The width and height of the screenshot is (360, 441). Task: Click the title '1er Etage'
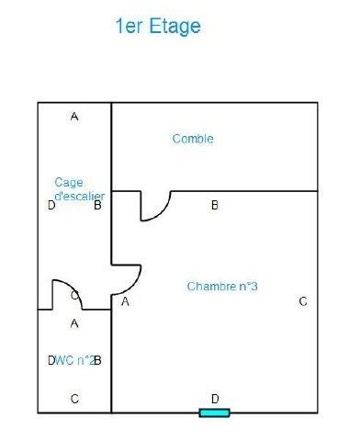click(x=158, y=27)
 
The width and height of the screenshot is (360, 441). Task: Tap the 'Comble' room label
click(x=193, y=139)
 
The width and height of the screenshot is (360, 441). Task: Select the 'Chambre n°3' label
click(x=222, y=287)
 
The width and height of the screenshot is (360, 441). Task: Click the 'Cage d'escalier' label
click(x=80, y=189)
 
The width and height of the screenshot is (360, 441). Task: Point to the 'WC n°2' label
click(x=75, y=360)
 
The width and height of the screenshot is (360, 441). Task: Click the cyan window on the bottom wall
click(x=214, y=413)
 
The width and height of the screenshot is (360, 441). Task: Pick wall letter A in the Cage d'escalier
click(x=74, y=117)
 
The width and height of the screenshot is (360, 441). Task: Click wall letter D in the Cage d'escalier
click(x=51, y=205)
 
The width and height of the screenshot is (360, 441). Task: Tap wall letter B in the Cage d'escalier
click(x=97, y=205)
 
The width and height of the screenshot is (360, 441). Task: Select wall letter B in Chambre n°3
click(x=215, y=205)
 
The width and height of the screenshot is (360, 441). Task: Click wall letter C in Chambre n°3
click(x=303, y=301)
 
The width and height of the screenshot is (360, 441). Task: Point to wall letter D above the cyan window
click(x=215, y=399)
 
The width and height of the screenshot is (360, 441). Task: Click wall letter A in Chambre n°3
click(x=125, y=301)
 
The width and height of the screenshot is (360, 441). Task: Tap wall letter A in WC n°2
click(x=74, y=323)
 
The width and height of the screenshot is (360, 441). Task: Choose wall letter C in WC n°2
click(x=74, y=399)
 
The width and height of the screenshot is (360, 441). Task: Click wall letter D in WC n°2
click(x=51, y=360)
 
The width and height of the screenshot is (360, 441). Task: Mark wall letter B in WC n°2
click(x=97, y=360)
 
